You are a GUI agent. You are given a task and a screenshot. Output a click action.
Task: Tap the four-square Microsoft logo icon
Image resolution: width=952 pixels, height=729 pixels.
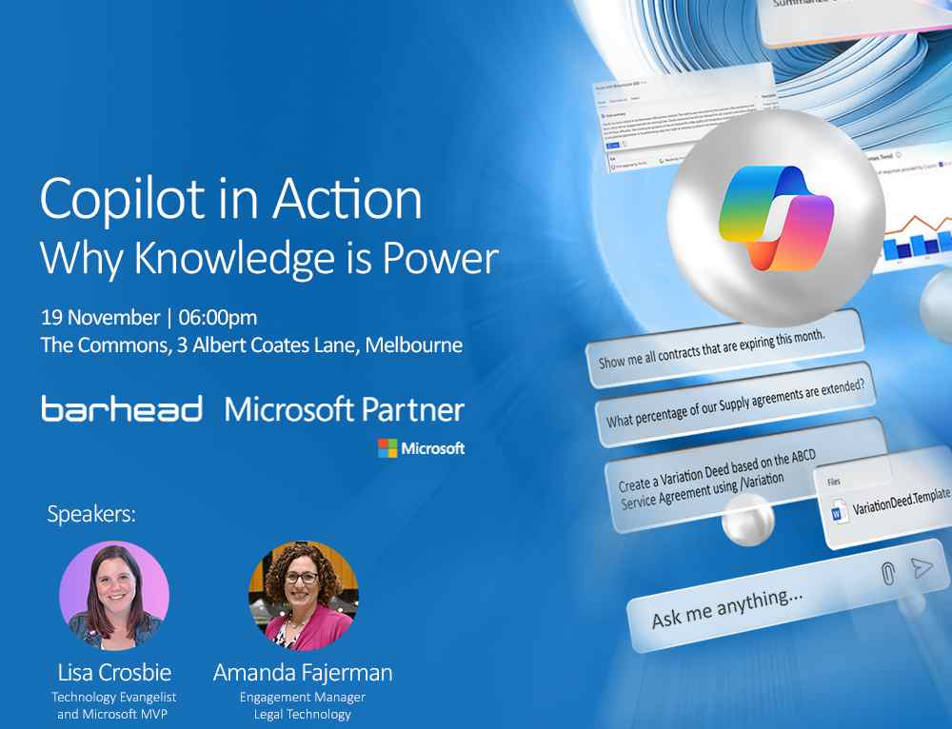pyautogui.click(x=387, y=448)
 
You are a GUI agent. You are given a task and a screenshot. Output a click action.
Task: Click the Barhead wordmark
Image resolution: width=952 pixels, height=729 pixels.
pyautogui.click(x=122, y=410)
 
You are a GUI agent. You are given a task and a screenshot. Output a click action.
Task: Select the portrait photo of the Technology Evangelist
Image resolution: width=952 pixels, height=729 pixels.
pyautogui.click(x=114, y=596)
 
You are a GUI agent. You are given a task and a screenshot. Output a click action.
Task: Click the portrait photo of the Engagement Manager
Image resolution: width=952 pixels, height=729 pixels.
pyautogui.click(x=303, y=596)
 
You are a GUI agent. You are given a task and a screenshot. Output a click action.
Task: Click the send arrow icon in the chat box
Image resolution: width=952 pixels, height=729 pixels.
pyautogui.click(x=921, y=568)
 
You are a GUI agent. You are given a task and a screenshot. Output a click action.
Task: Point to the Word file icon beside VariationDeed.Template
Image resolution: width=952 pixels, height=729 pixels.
pyautogui.click(x=838, y=513)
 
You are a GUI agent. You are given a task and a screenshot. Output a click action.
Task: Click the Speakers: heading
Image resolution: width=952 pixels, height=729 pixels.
pyautogui.click(x=91, y=515)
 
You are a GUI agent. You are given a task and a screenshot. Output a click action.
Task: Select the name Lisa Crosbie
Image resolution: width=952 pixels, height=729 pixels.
pyautogui.click(x=114, y=673)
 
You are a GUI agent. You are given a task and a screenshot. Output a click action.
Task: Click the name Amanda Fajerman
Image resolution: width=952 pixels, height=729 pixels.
pyautogui.click(x=303, y=673)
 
